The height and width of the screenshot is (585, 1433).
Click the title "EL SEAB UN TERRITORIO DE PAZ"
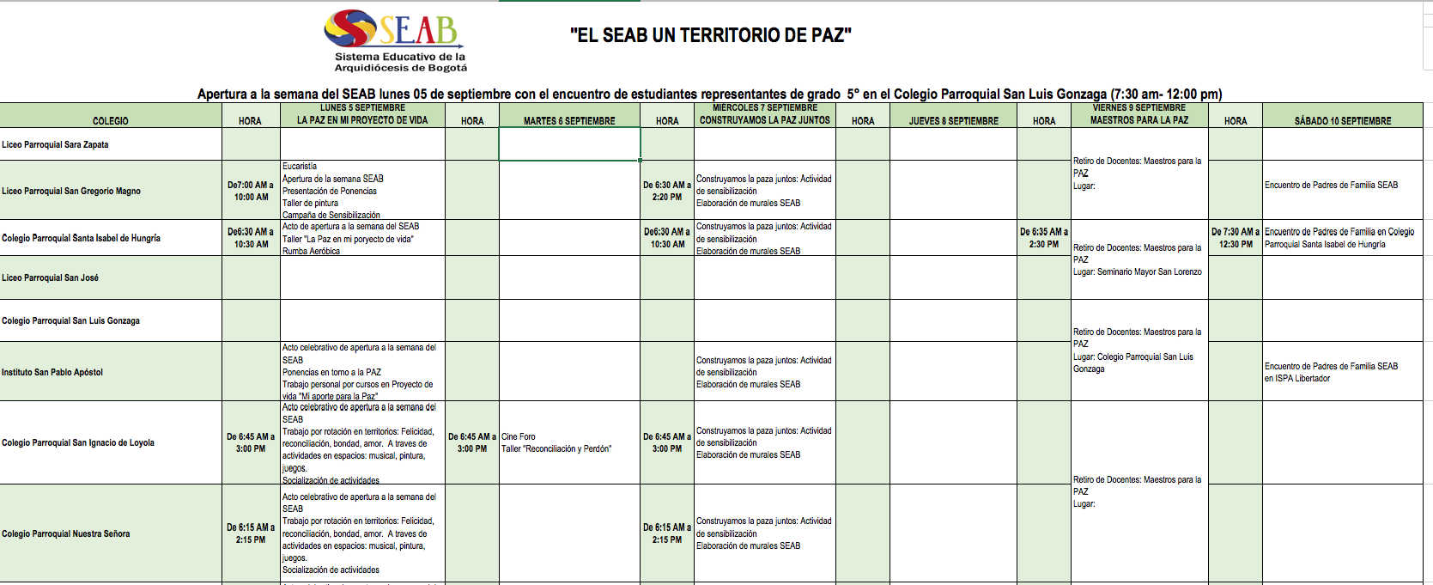click(x=710, y=35)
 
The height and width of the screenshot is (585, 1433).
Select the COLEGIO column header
click(x=111, y=121)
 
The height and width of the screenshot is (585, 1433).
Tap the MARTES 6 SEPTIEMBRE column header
click(x=569, y=121)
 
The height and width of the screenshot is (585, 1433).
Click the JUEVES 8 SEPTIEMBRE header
click(x=953, y=121)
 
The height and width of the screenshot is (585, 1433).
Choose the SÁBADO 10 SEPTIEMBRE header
click(x=1343, y=121)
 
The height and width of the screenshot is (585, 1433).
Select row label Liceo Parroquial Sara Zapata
click(x=55, y=144)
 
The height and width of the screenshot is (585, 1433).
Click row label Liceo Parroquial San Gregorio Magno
click(x=71, y=191)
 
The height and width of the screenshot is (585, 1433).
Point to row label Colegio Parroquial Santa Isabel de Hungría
click(x=81, y=238)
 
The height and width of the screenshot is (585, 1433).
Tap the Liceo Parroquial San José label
click(x=50, y=277)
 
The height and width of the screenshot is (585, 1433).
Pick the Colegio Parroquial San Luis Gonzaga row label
click(x=70, y=320)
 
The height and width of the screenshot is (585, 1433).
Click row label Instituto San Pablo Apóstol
click(x=52, y=372)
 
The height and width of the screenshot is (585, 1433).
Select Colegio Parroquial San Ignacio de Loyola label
click(x=78, y=442)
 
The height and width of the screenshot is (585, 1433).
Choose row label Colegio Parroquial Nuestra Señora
click(x=66, y=533)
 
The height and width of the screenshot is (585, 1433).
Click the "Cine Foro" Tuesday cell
click(x=556, y=442)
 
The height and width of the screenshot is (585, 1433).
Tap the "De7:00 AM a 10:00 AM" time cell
click(x=251, y=191)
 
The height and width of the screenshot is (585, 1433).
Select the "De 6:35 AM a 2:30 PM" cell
click(x=1043, y=238)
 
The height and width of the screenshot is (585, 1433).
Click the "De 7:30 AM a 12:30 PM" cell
click(x=1235, y=238)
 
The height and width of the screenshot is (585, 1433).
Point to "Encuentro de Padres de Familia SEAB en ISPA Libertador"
click(x=1331, y=372)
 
